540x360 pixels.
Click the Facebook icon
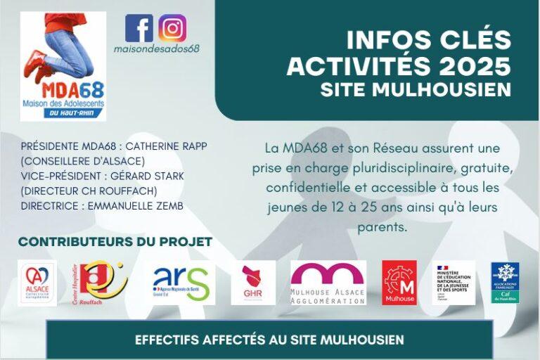(x=139, y=28)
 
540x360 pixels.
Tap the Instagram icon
(x=172, y=28)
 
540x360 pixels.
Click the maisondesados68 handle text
(x=157, y=49)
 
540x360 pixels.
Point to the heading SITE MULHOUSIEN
(x=416, y=89)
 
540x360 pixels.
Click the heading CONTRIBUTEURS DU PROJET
(x=115, y=242)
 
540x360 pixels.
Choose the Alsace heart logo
(x=37, y=283)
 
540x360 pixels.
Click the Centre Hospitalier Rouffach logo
(x=101, y=283)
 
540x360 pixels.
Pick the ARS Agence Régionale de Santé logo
(x=181, y=283)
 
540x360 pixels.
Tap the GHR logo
(x=253, y=283)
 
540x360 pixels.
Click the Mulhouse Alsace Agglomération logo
(x=328, y=283)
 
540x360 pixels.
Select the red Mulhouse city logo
(x=399, y=283)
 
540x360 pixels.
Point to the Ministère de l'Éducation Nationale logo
(x=454, y=283)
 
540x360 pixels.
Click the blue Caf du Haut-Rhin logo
(x=506, y=283)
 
